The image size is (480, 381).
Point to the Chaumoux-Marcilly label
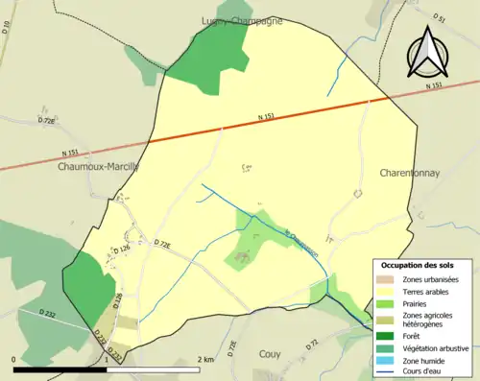point(98,165)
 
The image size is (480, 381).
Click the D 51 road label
point(439,19)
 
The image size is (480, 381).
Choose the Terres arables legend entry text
point(424,291)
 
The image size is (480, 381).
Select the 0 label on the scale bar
point(15,359)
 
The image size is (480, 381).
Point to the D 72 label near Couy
point(313,343)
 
